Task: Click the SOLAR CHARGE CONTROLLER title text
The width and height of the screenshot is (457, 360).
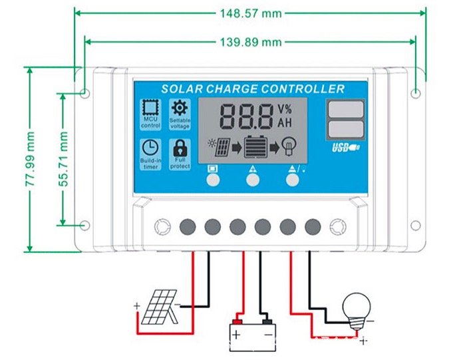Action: click(253, 89)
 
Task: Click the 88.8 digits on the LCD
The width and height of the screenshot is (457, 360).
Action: click(246, 117)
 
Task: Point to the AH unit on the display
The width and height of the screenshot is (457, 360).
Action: click(285, 124)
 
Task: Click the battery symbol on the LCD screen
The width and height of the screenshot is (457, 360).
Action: click(255, 146)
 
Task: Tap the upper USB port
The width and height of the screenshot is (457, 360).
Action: click(346, 108)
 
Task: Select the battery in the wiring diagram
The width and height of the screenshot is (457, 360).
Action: click(251, 330)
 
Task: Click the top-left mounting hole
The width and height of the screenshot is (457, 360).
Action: click(84, 92)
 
